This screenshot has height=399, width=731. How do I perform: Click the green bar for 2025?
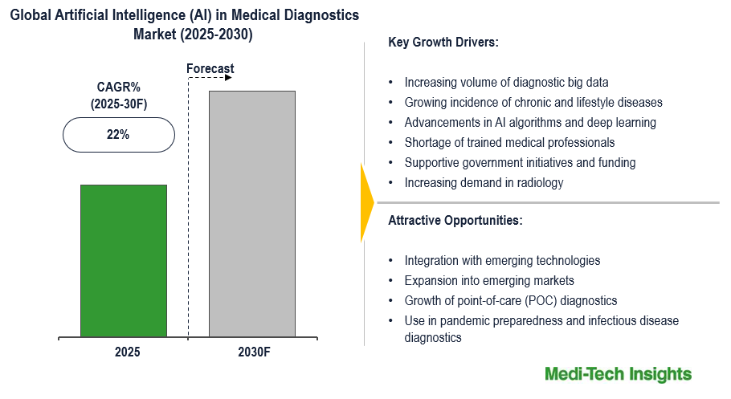pos(124,260)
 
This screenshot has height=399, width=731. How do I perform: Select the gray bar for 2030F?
pos(251,214)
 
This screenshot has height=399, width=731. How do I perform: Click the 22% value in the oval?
pos(118,135)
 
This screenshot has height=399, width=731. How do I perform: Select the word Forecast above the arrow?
pos(210,69)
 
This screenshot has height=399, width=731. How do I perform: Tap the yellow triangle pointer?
pos(368,202)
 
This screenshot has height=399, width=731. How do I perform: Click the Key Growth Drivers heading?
pos(443,43)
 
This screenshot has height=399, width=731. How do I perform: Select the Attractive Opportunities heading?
pos(455,220)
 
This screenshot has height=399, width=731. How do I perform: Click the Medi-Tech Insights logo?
pos(618,375)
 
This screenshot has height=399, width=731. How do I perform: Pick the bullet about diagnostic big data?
pos(506,82)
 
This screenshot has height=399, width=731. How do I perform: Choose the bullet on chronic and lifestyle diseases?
pos(533,102)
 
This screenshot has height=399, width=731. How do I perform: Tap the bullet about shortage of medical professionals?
pos(509,142)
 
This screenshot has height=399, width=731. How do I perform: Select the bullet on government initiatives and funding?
pos(520,162)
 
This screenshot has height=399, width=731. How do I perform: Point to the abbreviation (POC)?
pos(541,301)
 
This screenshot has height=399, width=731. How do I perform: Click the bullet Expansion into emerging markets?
pos(489,281)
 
